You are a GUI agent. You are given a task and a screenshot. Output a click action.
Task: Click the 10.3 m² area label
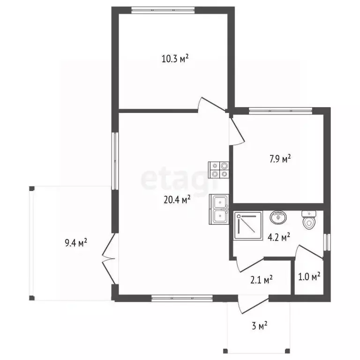coord(175,59)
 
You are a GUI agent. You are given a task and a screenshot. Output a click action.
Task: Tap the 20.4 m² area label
coord(177,200)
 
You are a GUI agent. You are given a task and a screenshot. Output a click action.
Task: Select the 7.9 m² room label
coord(280,158)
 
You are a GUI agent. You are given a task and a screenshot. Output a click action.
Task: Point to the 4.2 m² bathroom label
coord(279,237)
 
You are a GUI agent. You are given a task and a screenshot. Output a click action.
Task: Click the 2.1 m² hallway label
coord(261,280)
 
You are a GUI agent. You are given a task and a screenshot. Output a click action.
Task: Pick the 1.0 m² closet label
coord(309,277)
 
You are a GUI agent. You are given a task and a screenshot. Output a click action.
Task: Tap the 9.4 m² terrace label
coord(76,242)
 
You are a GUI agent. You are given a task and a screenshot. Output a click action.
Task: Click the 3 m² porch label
coord(259,326)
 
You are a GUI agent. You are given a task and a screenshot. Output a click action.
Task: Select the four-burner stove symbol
coord(218,170)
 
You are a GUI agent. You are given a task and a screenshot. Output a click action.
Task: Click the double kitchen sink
coord(219,209)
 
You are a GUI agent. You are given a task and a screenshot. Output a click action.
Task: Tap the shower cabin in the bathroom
coord(248,226)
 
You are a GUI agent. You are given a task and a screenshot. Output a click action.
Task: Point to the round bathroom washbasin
coord(278,217)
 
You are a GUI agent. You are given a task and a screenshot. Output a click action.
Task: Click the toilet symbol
coord(309,220)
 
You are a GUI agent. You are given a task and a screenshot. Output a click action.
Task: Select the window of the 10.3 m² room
coord(163,10)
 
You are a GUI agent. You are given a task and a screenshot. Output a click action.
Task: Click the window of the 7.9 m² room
coord(281,111)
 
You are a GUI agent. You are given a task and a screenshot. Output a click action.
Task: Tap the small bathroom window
coord(327,242)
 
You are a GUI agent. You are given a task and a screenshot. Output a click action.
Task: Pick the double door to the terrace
coord(109,259)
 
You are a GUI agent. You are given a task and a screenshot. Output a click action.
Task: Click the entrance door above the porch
coord(253,305)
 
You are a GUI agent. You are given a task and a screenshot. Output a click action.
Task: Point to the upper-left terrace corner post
coord(32,188)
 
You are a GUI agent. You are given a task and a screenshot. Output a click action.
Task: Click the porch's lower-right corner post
coord(287,351)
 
